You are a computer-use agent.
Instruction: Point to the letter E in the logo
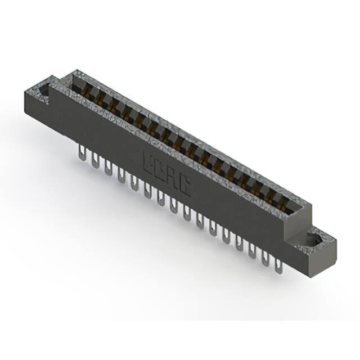[x=150, y=163]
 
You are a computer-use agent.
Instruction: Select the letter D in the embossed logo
[x=161, y=170]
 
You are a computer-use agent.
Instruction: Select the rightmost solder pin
[x=277, y=265]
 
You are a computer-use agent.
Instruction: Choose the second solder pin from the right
[x=265, y=258]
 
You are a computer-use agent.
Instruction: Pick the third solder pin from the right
[x=252, y=251]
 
